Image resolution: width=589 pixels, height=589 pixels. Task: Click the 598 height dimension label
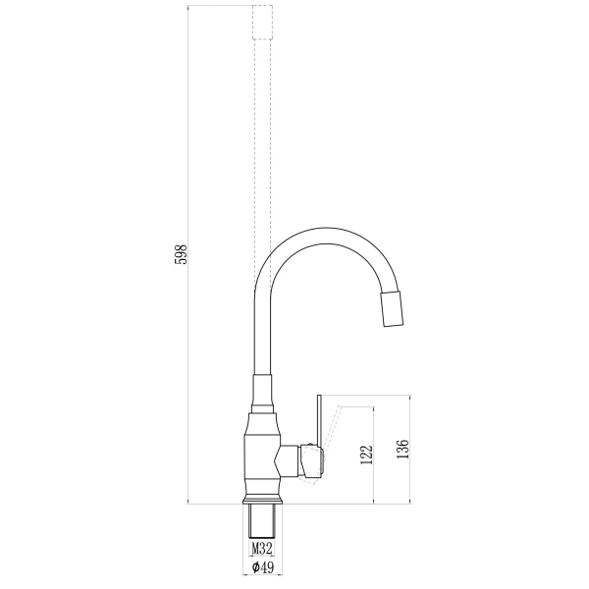click(180, 254)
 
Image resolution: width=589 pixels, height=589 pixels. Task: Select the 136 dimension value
click(402, 450)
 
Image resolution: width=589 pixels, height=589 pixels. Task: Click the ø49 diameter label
click(262, 567)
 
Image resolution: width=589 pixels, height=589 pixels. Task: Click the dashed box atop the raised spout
click(262, 22)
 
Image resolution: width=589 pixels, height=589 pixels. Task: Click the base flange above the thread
click(262, 499)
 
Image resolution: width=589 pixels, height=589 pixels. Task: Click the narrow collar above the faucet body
click(261, 402)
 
